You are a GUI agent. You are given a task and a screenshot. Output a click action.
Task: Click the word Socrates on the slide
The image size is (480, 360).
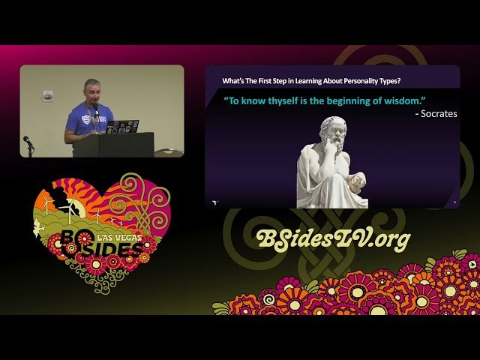437,114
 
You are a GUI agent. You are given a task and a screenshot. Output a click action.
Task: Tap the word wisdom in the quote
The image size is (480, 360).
378,99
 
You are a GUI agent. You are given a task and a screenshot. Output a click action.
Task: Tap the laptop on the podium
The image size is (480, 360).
121,127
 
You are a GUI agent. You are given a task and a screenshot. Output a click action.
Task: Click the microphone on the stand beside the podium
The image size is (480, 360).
27,140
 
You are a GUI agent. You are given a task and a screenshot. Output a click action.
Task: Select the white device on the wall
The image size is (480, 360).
48,95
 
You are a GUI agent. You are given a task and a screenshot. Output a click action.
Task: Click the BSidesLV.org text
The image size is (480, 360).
333,239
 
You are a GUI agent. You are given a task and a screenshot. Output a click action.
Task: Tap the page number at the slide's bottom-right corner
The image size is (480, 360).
454,202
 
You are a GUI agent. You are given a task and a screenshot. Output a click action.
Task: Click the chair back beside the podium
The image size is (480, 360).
169,153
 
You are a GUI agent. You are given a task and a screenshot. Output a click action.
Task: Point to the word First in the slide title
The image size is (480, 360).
263,80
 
